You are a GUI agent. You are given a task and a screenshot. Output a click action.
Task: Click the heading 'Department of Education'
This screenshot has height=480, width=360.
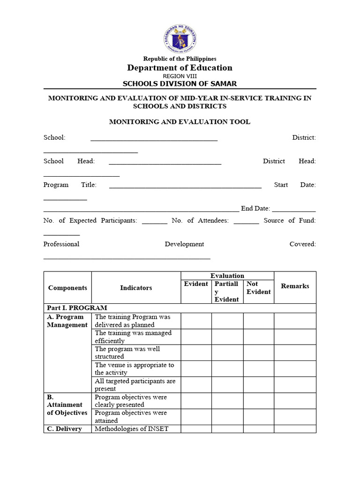click(180, 68)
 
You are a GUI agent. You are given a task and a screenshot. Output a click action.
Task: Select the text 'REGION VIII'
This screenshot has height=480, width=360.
click(180, 76)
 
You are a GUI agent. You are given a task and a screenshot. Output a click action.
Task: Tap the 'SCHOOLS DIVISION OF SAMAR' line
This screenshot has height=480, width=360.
click(180, 84)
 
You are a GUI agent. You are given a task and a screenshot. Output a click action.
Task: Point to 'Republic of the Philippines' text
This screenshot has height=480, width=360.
click(180, 59)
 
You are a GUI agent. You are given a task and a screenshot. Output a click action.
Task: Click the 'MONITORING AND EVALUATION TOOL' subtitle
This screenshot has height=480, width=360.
click(180, 122)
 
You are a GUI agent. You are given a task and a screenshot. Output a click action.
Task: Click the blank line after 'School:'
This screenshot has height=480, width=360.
click(154, 138)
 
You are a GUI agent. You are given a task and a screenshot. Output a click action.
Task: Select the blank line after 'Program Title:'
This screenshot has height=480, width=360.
click(185, 186)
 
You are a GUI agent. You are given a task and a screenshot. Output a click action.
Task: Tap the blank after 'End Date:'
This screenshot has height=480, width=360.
click(293, 209)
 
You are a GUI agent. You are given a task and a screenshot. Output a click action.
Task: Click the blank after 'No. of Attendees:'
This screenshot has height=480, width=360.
click(246, 221)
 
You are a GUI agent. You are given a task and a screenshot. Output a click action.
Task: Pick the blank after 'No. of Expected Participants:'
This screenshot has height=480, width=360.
click(154, 221)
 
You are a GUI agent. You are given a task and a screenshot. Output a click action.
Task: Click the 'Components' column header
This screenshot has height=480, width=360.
click(67, 288)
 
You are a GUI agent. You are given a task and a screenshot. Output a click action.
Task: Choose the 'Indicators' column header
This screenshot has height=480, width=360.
click(136, 288)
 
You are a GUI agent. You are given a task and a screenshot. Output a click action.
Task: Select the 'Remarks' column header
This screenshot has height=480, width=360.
click(295, 286)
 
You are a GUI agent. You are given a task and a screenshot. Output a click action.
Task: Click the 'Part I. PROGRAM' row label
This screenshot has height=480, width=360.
click(77, 308)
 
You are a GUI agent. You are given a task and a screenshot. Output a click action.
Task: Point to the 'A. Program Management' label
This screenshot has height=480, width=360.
click(67, 321)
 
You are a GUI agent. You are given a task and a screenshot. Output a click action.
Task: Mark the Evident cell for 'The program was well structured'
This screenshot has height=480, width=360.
click(196, 352)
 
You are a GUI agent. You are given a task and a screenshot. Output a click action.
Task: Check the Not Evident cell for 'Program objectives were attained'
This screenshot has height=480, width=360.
click(258, 417)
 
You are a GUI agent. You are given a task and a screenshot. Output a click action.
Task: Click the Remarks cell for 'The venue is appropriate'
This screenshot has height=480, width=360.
click(295, 368)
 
